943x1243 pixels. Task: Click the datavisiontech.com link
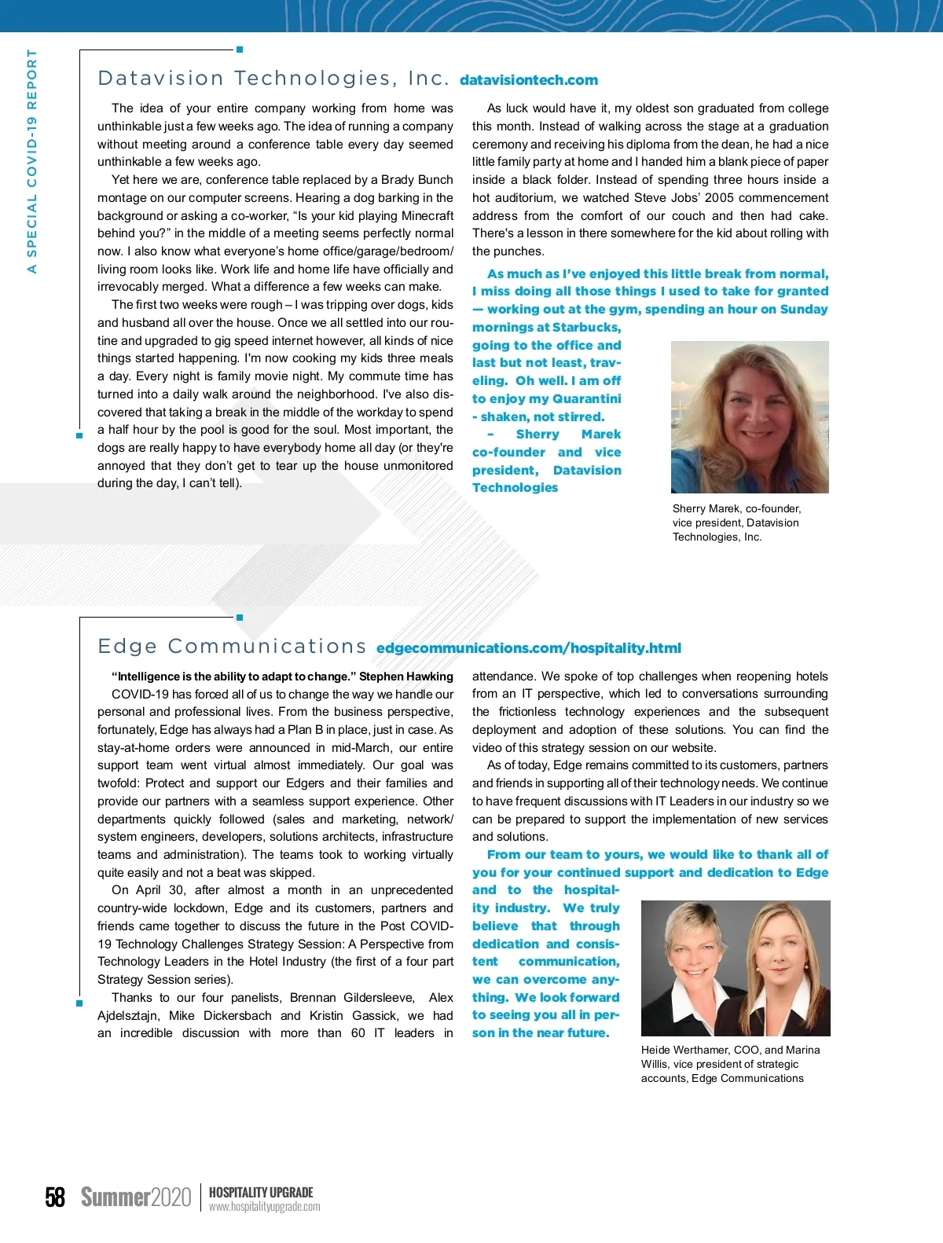(528, 80)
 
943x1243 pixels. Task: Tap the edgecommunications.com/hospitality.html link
(528, 648)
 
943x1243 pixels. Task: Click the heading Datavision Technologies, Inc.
(273, 79)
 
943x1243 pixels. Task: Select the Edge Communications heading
(232, 647)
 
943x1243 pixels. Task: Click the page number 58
(55, 1197)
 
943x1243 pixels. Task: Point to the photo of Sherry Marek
(749, 416)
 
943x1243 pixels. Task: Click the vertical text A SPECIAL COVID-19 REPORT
(32, 161)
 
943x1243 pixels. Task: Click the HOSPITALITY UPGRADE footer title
(261, 1192)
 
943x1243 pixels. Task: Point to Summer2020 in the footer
(136, 1197)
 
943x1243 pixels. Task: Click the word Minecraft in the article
(427, 215)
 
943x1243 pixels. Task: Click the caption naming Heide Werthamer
(729, 1064)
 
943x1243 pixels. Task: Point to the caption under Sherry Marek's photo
(736, 522)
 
